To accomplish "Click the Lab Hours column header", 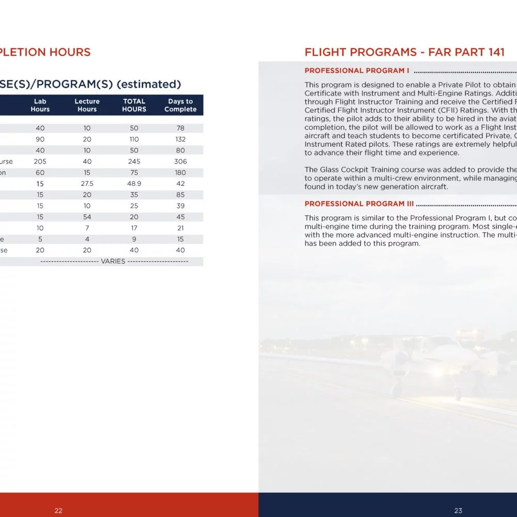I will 40,105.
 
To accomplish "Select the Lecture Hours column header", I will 87,105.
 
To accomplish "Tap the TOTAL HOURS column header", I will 134,105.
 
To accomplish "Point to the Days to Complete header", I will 180,105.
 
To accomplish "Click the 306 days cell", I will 180,161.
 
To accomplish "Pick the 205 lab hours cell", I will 40,161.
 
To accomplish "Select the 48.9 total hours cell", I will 134,184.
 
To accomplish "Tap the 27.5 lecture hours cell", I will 87,184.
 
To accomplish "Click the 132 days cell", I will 180,139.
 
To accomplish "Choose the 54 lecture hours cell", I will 87,217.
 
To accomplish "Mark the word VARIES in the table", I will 113,262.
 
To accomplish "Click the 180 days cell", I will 180,173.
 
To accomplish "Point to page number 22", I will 58,510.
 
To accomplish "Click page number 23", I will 458,510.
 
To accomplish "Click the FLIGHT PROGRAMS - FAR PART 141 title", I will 404,52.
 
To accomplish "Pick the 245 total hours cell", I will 134,161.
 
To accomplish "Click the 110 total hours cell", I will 134,139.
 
